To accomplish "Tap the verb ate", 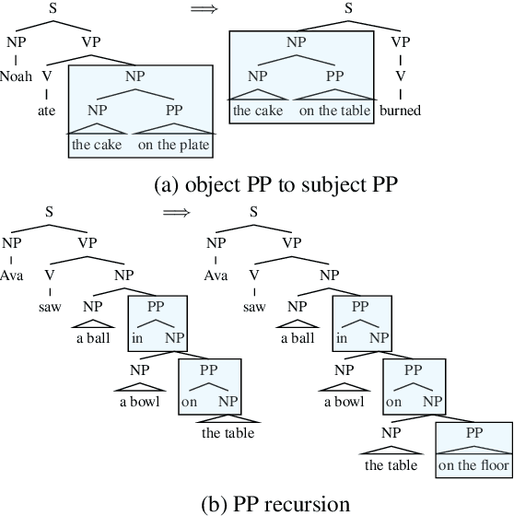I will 47,111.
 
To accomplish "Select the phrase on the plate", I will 174,145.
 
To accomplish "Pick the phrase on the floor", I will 473,465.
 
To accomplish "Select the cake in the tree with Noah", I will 97,145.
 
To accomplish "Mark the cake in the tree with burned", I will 259,111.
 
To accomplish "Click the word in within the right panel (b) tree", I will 342,339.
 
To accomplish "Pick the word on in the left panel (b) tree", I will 188,402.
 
